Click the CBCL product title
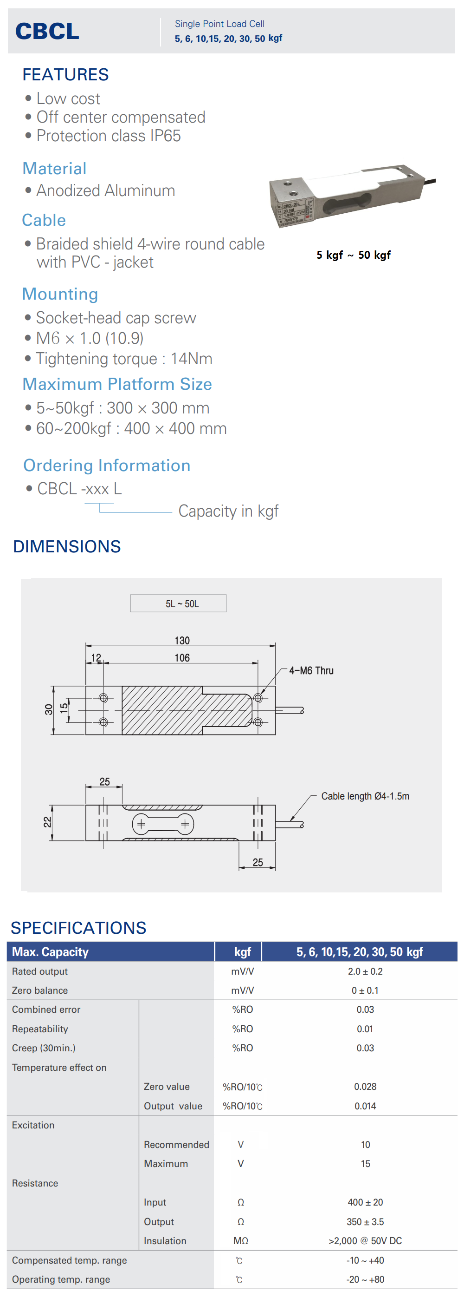[47, 31]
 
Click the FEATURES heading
[65, 75]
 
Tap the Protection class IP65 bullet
[108, 136]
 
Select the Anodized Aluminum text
[106, 191]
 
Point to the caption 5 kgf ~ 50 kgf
[353, 255]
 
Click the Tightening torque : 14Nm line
[124, 359]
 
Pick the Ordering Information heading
[107, 465]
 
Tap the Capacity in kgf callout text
[228, 511]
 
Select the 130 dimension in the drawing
[182, 641]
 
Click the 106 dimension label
[182, 657]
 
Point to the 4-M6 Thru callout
[311, 671]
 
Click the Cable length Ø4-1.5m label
[365, 796]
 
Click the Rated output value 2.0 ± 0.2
[365, 971]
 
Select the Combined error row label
[46, 1010]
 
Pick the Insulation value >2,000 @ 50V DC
[365, 1240]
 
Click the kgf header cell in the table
[242, 952]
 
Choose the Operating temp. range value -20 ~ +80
[365, 1279]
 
